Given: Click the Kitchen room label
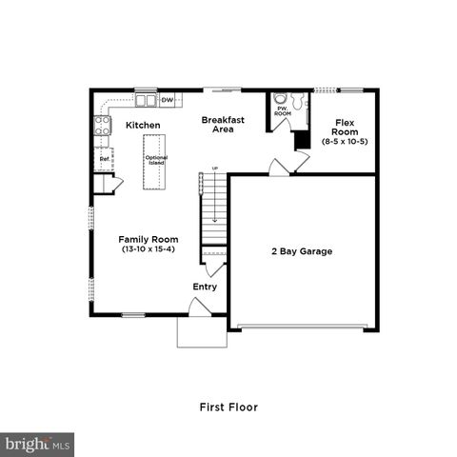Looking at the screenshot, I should pos(143,125).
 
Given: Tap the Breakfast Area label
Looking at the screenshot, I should pos(224,125).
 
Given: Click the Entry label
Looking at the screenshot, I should pos(205,287).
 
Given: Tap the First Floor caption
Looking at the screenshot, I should pos(228,407).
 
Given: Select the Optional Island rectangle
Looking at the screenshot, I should pos(156,161).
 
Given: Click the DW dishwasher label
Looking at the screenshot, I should pos(167,99).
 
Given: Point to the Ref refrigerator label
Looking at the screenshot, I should pos(104,160).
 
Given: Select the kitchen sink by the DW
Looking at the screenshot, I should pos(146,99).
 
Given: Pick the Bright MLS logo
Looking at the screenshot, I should pos(38,444).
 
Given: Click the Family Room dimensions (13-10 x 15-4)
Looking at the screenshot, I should pos(144,249).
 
